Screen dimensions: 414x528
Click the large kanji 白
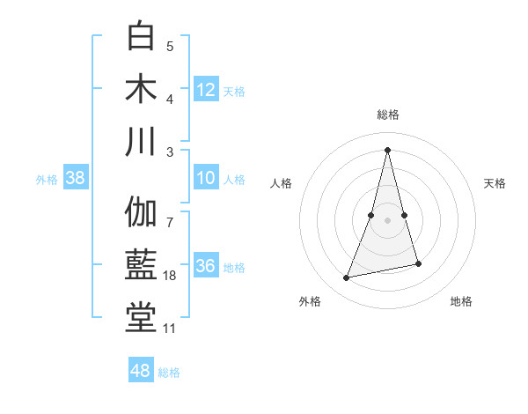141,37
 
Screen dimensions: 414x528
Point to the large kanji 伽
141,212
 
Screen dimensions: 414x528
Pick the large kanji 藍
141,265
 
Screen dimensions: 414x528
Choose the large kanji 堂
141,318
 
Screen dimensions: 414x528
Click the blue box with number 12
206,89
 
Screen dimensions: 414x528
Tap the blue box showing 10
206,178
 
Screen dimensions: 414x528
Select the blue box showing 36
206,266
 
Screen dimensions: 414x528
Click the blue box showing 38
76,178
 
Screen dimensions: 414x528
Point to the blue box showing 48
141,371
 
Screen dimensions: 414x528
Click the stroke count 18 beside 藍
171,277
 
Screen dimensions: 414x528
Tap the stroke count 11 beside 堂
170,329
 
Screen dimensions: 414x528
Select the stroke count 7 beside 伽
170,212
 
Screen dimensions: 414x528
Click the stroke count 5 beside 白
170,47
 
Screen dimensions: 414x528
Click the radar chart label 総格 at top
388,115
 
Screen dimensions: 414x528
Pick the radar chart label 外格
310,301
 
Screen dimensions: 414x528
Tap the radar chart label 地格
461,301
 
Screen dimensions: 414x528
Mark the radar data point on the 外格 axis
347,278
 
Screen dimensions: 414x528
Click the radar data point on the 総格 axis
388,150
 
